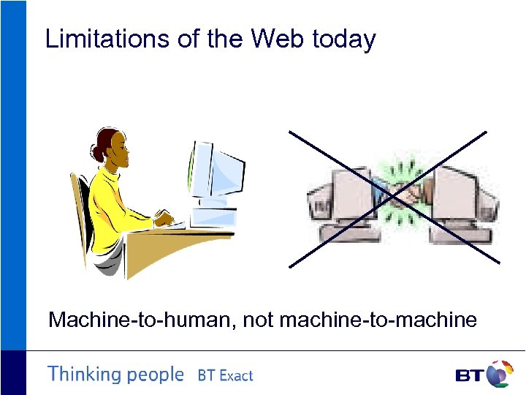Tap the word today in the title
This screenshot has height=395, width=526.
tap(343, 39)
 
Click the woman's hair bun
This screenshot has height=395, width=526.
tap(98, 151)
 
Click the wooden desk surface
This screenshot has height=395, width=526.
tap(168, 249)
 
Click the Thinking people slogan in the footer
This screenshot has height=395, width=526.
tap(115, 375)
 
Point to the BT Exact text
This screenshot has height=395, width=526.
tap(225, 376)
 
